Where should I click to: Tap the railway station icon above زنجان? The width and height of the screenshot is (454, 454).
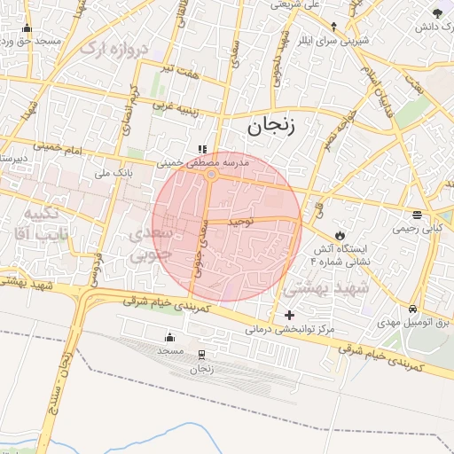(202, 354)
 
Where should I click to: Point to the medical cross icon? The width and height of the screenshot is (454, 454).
(289, 315)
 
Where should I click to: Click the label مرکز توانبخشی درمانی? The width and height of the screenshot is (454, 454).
(292, 329)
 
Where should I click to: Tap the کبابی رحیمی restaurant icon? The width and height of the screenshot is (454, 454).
(417, 215)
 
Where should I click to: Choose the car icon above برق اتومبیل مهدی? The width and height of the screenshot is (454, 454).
(413, 309)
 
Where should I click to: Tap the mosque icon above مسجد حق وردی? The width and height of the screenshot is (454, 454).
(27, 27)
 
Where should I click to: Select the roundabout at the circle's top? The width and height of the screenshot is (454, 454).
(211, 176)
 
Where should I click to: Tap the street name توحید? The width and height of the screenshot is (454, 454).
(240, 218)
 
